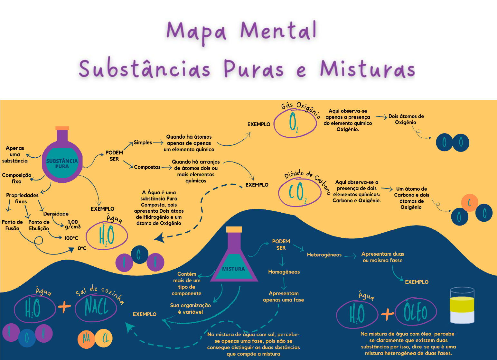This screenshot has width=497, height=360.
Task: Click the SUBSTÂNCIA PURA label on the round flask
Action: pyautogui.click(x=62, y=163)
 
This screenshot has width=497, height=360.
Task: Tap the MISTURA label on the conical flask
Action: pyautogui.click(x=233, y=269)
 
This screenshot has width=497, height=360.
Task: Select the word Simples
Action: pyautogui.click(x=143, y=143)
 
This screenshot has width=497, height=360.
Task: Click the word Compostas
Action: pyautogui.click(x=147, y=167)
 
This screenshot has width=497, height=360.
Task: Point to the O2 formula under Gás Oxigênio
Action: pyautogui.click(x=294, y=123)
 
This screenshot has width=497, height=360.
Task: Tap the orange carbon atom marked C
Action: pyautogui.click(x=469, y=203)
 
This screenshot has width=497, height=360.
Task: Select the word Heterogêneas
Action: pyautogui.click(x=324, y=255)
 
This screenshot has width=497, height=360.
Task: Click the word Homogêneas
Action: pyautogui.click(x=284, y=272)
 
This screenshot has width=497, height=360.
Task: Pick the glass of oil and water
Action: pyautogui.click(x=462, y=306)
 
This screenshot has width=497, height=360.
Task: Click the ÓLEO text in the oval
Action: pyautogui.click(x=416, y=312)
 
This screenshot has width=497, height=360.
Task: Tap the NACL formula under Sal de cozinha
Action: pyautogui.click(x=96, y=307)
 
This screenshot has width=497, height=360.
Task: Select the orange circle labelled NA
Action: pyautogui.click(x=86, y=338)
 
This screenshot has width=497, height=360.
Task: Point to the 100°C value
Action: pyautogui.click(x=71, y=238)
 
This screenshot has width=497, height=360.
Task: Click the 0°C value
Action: pyautogui.click(x=82, y=248)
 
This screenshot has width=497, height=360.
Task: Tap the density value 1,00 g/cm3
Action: pyautogui.click(x=73, y=224)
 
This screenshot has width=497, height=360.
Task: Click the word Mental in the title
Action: pyautogui.click(x=279, y=31)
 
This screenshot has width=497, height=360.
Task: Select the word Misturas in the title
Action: pyautogui.click(x=367, y=69)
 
